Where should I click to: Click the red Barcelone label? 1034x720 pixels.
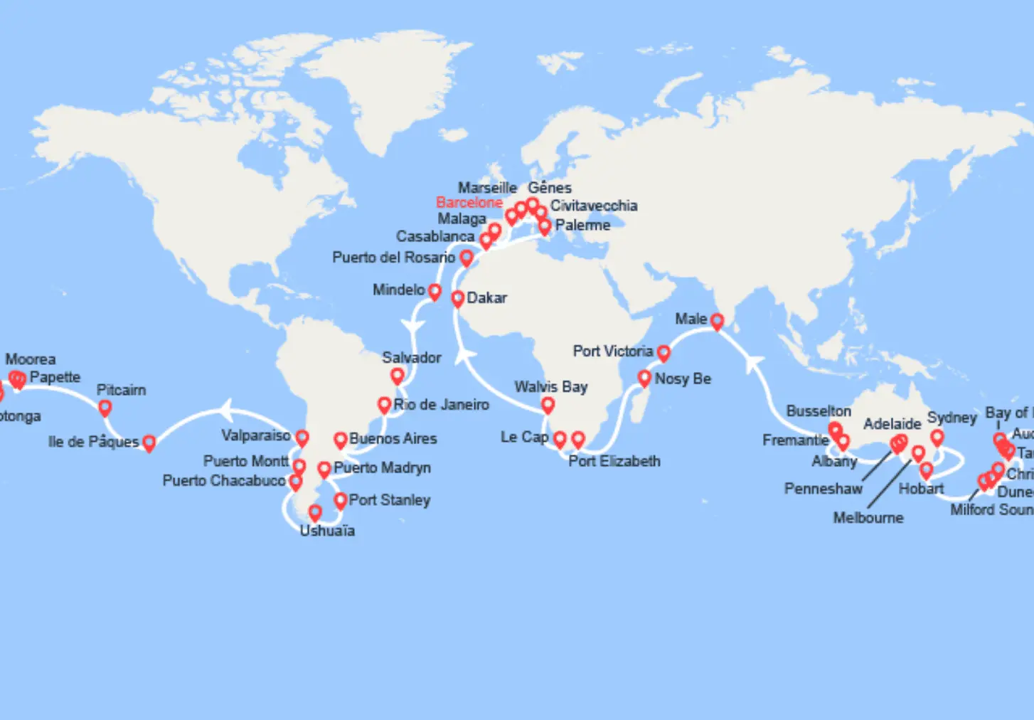(x=469, y=203)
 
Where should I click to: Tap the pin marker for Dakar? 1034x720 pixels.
(x=457, y=299)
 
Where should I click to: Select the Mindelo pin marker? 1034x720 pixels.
(x=435, y=292)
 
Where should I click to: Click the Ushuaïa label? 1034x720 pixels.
(x=327, y=531)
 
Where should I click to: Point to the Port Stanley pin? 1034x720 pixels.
(x=341, y=500)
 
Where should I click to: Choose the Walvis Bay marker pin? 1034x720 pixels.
(x=548, y=405)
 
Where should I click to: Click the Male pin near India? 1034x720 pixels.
(x=717, y=322)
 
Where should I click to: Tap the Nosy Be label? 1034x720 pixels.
(x=683, y=378)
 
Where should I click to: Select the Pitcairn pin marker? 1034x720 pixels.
(x=105, y=408)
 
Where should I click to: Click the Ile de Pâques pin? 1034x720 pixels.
(x=149, y=443)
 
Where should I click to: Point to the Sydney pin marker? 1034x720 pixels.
(x=937, y=437)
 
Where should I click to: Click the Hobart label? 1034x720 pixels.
(x=921, y=489)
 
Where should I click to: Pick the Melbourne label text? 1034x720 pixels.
(x=868, y=518)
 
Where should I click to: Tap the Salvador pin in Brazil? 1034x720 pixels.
(x=398, y=375)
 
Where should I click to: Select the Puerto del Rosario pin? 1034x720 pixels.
(x=467, y=258)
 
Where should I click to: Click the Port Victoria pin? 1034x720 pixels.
(x=663, y=352)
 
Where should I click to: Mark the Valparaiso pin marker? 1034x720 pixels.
(x=302, y=437)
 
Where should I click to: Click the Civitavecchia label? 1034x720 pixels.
(x=594, y=206)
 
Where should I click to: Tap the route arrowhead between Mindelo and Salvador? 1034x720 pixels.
(x=413, y=326)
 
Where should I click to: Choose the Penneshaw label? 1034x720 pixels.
(x=823, y=489)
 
